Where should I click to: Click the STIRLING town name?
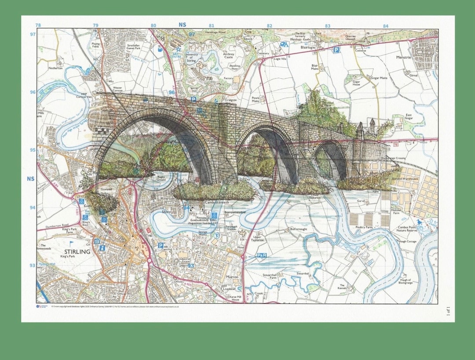pos(77,252)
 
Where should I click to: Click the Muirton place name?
pos(232,277)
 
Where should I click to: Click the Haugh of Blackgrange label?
pos(405,281)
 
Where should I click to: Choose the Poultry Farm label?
pos(364,227)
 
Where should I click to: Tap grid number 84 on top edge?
pos(386,26)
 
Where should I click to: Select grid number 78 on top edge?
pos(38,25)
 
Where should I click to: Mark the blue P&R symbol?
pos(261,255)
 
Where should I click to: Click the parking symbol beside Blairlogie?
pos(336,50)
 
